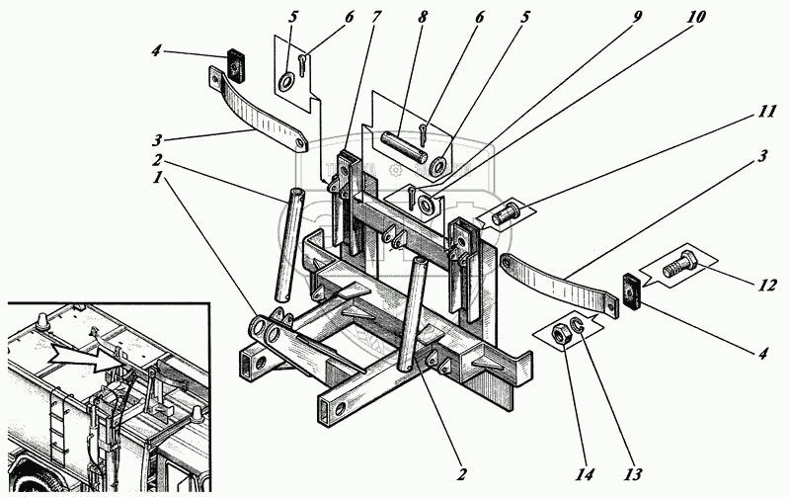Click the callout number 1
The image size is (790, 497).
[x=159, y=178]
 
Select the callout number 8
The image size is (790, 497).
[x=423, y=17]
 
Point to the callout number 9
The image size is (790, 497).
[x=637, y=16]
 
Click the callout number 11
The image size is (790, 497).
[x=765, y=111]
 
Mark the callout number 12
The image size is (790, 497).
[x=766, y=286]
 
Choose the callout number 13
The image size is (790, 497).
[x=633, y=474]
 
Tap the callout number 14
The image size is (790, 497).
[x=585, y=474]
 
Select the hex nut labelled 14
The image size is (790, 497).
[x=561, y=335]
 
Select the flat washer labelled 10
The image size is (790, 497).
[x=427, y=204]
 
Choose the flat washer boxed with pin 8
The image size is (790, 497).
[x=438, y=167]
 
